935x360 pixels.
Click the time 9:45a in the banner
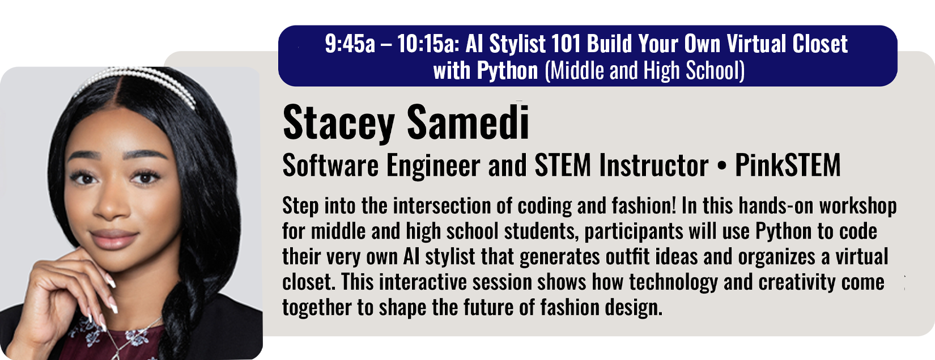(x=350, y=44)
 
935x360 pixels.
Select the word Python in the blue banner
(x=507, y=71)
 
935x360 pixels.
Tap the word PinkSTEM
(x=788, y=165)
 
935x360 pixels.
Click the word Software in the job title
(x=330, y=165)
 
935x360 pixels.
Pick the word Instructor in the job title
(x=654, y=165)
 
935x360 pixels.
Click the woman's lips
(x=113, y=238)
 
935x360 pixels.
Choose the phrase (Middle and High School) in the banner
(x=645, y=71)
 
